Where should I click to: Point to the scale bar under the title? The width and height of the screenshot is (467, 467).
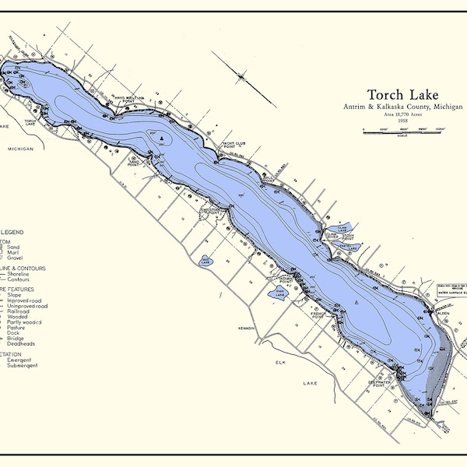tap(402, 132)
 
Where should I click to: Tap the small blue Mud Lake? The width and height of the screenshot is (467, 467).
tap(205, 261)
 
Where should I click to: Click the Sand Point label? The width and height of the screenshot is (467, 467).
tap(138, 163)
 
